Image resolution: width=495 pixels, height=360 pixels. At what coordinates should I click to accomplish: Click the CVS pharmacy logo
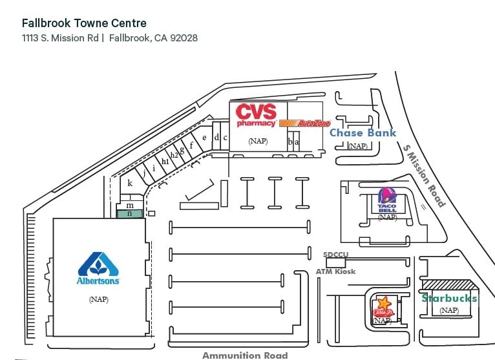pyautogui.click(x=256, y=114)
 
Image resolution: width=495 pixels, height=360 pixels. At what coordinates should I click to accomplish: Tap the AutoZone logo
pyautogui.click(x=305, y=123)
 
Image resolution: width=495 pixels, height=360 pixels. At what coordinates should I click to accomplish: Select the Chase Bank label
pyautogui.click(x=363, y=133)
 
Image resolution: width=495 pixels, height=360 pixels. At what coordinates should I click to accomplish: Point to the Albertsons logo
pyautogui.click(x=98, y=268)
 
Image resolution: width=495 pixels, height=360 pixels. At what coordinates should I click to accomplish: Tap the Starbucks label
pyautogui.click(x=449, y=298)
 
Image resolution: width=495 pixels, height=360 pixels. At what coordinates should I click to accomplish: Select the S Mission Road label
pyautogui.click(x=425, y=175)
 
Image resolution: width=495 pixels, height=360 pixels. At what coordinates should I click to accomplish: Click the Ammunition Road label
pyautogui.click(x=245, y=355)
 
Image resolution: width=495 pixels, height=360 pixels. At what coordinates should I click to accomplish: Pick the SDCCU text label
pyautogui.click(x=335, y=255)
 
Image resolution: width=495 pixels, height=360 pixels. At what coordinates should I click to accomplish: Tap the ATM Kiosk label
pyautogui.click(x=335, y=271)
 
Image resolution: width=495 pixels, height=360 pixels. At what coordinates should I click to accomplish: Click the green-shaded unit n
pyautogui.click(x=130, y=213)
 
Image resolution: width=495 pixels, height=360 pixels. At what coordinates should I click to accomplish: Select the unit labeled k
pyautogui.click(x=130, y=184)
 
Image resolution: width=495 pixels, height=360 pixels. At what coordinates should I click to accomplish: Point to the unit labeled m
pyautogui.click(x=130, y=205)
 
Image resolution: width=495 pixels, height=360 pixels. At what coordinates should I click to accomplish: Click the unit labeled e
pyautogui.click(x=204, y=137)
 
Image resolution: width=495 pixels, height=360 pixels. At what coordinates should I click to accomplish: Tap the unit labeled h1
pyautogui.click(x=165, y=161)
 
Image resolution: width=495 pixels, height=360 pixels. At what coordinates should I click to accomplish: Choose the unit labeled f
pyautogui.click(x=191, y=145)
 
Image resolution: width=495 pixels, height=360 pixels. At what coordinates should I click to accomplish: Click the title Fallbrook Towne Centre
pyautogui.click(x=84, y=24)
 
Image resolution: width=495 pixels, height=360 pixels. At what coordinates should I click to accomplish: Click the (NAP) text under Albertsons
pyautogui.click(x=98, y=299)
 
